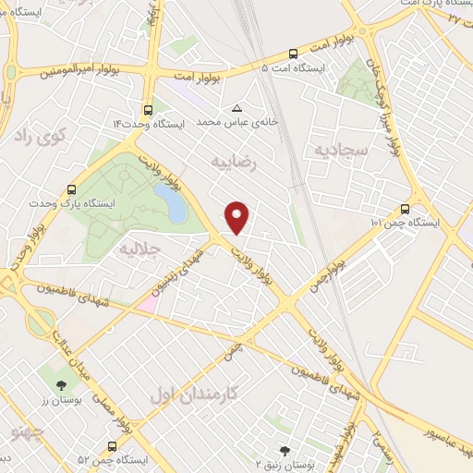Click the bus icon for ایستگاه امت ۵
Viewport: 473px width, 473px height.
pos(294,54)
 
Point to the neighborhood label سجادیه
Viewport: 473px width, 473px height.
pos(341,148)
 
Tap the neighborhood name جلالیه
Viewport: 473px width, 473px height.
pos(140,251)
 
